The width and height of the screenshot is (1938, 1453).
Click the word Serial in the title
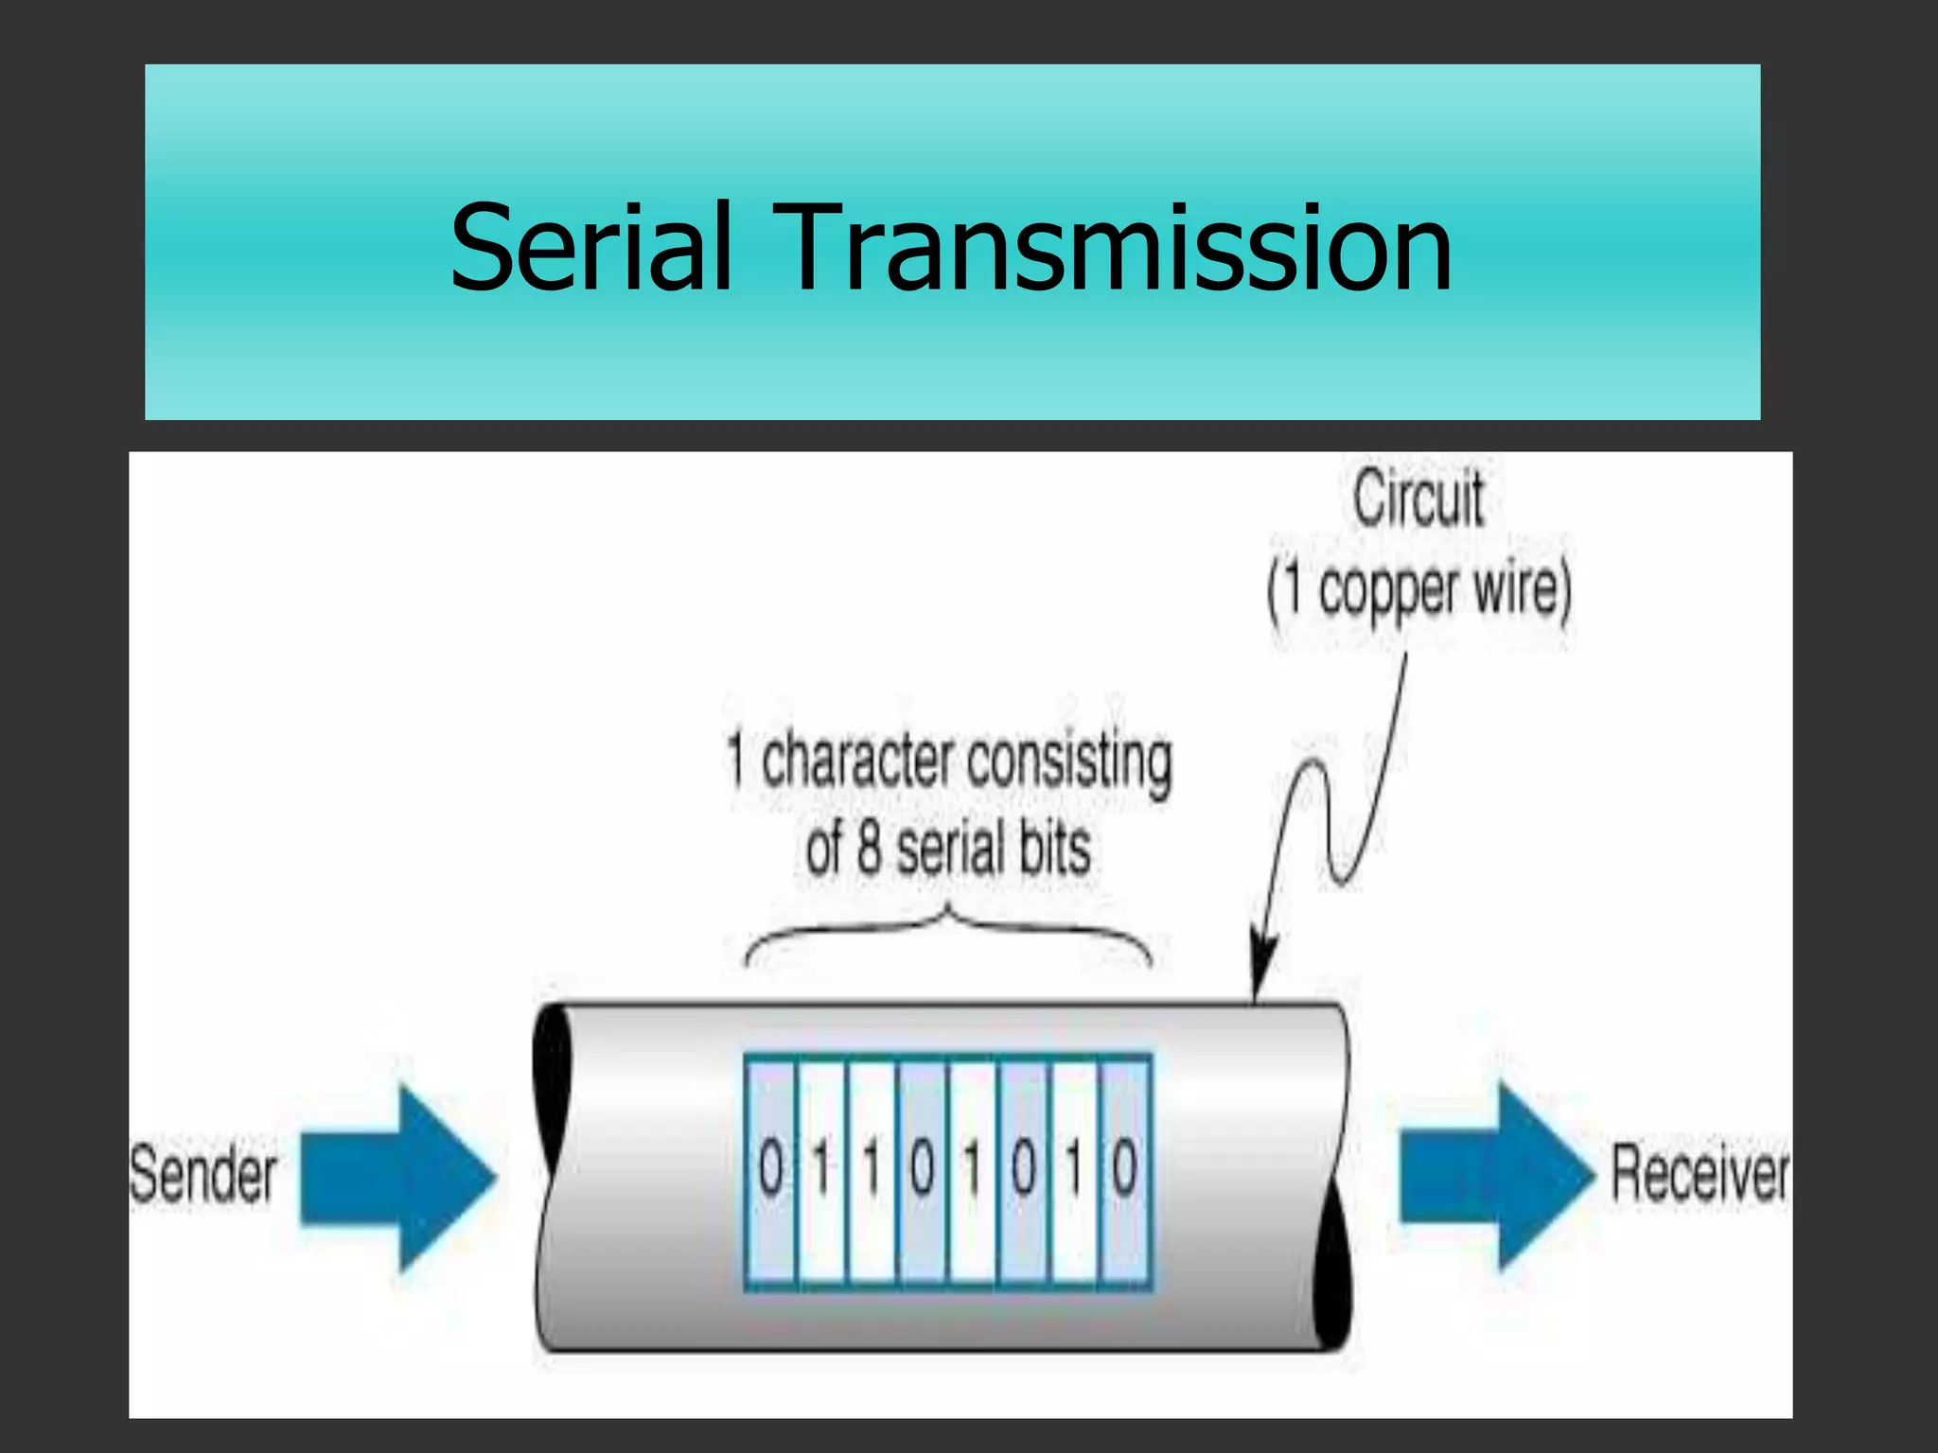(590, 248)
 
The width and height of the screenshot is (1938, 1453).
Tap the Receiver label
(1700, 1174)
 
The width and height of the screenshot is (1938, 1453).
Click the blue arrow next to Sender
(397, 1177)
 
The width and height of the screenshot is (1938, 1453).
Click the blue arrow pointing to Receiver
(1495, 1175)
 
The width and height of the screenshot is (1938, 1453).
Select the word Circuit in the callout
(1418, 499)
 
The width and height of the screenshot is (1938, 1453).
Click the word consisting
(1069, 763)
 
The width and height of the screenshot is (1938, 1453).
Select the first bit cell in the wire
(770, 1171)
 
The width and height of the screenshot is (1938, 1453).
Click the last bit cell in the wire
(1125, 1171)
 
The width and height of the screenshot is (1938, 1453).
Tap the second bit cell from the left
(820, 1171)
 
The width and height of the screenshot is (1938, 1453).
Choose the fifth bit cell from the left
(973, 1171)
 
